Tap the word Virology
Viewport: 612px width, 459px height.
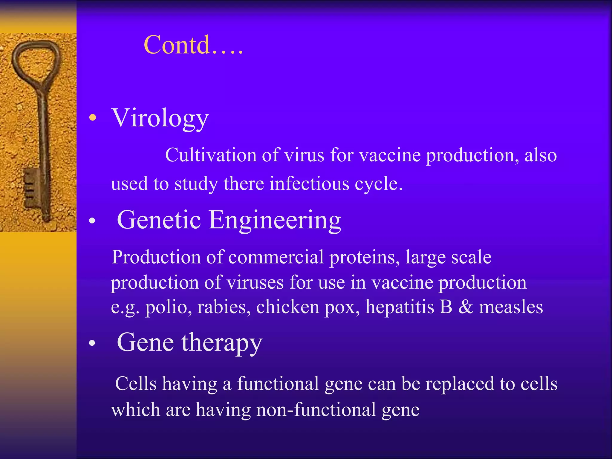(x=160, y=118)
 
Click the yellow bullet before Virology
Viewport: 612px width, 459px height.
(x=93, y=118)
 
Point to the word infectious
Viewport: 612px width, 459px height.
(x=309, y=183)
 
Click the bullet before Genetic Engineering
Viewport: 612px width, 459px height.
(x=92, y=221)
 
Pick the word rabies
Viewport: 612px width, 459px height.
(x=224, y=307)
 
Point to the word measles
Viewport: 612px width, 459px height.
(x=511, y=307)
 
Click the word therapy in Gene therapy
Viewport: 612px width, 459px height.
(x=222, y=343)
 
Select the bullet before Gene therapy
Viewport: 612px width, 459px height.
(x=92, y=343)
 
